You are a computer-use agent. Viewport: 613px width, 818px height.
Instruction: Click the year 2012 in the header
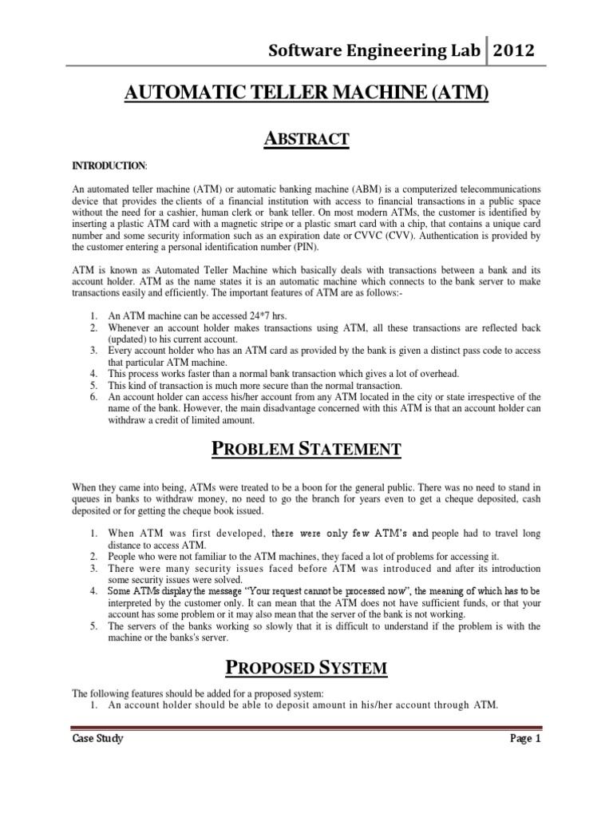pos(513,53)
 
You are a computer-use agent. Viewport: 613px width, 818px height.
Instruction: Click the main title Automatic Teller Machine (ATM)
pos(306,94)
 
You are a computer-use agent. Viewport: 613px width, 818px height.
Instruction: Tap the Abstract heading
pos(306,139)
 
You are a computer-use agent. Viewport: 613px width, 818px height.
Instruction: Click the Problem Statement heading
pos(306,449)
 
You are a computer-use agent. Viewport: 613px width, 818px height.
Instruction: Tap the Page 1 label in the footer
pos(525,739)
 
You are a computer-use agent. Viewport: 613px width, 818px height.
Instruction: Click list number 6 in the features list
pos(93,396)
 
